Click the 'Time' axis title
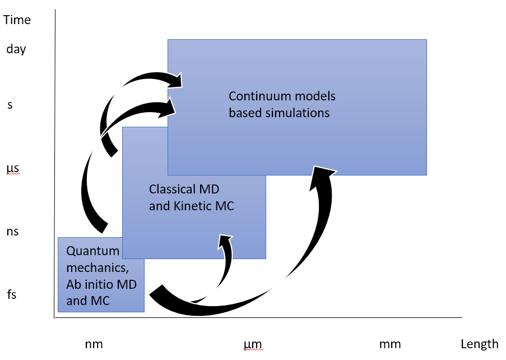tap(17, 20)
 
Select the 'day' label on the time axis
tap(16, 49)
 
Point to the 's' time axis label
tap(10, 105)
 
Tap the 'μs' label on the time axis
tap(13, 169)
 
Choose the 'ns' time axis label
tap(12, 232)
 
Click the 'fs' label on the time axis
tap(12, 294)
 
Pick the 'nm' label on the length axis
tap(94, 344)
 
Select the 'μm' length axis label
tap(253, 345)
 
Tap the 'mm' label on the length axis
tap(390, 344)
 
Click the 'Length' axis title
tap(480, 344)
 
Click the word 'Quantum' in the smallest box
tap(92, 251)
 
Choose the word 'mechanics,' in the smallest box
tap(98, 268)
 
